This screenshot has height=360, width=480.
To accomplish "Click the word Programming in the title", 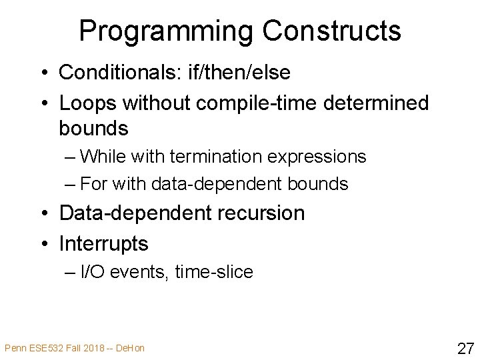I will tap(166, 31).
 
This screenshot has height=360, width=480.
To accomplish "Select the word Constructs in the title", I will tap(331, 31).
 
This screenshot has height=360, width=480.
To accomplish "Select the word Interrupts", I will tap(103, 244).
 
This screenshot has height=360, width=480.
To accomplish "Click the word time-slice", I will tap(214, 272).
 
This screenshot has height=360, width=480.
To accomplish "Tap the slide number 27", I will tap(465, 347).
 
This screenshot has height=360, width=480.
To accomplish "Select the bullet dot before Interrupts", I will tap(45, 245).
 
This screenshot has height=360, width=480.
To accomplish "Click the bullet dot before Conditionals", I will tap(45, 71).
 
